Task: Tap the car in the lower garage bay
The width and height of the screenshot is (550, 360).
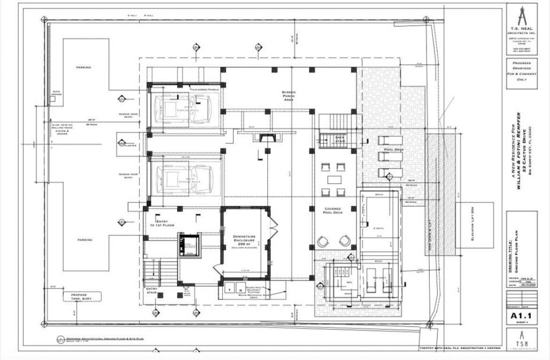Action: click(184, 179)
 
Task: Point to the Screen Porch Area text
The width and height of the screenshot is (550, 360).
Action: click(289, 96)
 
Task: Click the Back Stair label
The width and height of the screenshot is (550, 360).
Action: click(339, 138)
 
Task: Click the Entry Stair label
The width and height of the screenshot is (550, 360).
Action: click(151, 290)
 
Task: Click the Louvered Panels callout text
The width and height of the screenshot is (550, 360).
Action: click(201, 89)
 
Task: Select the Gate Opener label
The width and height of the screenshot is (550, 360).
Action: click(56, 93)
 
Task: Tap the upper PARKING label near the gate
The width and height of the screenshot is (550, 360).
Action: click(83, 68)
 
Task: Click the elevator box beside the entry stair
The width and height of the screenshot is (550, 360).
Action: click(189, 246)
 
